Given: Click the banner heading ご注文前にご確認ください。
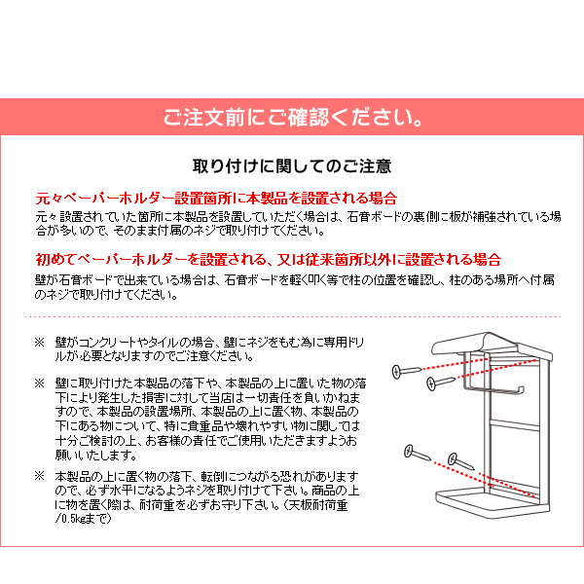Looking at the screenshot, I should click(x=292, y=121).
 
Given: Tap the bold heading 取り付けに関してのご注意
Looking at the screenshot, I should click(x=292, y=164).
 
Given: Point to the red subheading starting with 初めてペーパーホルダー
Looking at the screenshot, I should click(x=267, y=260).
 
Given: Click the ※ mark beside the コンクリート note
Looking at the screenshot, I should click(x=40, y=344).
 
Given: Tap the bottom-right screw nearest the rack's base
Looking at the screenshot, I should click(x=458, y=459).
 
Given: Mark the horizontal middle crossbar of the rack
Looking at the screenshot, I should click(x=511, y=425).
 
